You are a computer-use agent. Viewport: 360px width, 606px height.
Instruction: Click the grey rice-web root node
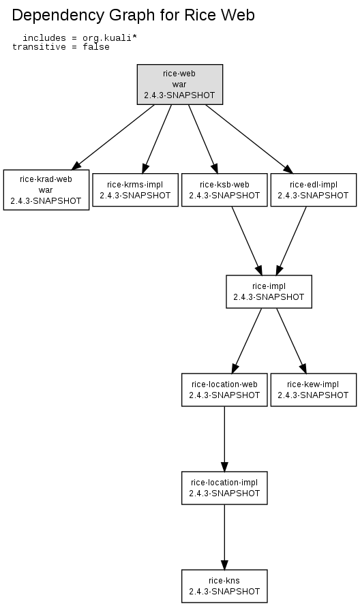click(x=180, y=85)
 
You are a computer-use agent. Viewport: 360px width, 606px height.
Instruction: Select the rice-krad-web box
click(x=46, y=190)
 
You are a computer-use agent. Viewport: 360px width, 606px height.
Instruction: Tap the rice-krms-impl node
click(x=135, y=190)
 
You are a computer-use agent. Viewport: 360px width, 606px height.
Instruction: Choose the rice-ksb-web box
click(x=224, y=190)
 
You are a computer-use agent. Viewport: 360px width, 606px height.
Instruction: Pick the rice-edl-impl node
click(x=314, y=190)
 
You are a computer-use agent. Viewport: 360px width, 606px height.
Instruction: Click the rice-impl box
click(x=269, y=291)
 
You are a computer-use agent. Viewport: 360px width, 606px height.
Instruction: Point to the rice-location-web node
click(x=224, y=390)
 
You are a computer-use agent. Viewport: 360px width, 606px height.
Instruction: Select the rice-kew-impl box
click(x=314, y=390)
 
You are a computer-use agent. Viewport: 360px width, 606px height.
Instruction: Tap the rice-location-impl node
click(x=224, y=488)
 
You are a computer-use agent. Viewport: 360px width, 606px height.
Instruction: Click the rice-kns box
click(x=224, y=586)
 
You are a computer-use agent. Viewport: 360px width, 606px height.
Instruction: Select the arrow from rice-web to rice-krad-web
click(x=113, y=137)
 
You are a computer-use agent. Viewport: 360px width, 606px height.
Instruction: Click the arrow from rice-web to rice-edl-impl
click(x=250, y=139)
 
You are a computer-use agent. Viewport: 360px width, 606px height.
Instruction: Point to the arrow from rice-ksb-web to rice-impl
click(x=247, y=241)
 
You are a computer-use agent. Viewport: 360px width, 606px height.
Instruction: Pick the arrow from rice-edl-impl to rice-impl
click(x=291, y=241)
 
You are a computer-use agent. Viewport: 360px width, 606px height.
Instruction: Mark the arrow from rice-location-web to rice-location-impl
click(x=224, y=439)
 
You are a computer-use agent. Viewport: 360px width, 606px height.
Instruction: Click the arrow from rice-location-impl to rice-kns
click(x=224, y=537)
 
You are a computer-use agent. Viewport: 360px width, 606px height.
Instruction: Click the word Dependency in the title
click(x=58, y=16)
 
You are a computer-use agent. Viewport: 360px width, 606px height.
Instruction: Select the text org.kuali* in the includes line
click(x=110, y=38)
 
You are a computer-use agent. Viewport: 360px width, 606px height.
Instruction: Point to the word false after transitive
click(x=96, y=47)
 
